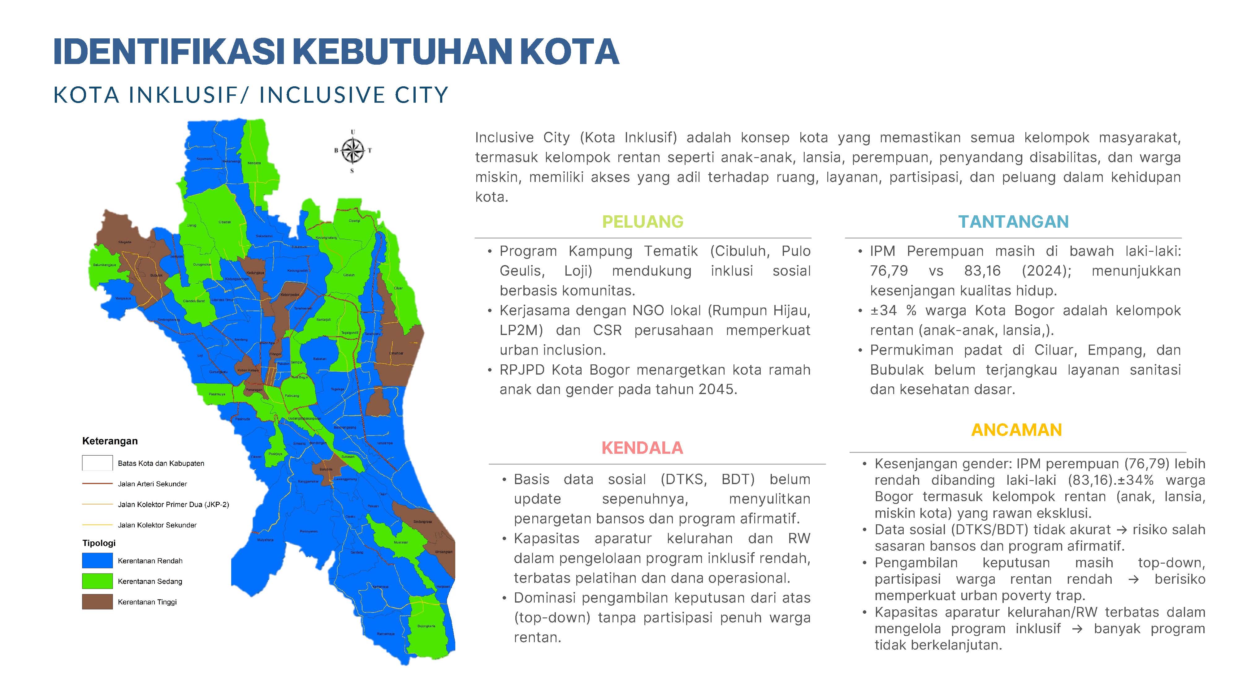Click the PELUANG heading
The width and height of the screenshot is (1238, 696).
[x=643, y=221]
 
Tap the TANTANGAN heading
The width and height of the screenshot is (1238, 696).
[x=1013, y=221]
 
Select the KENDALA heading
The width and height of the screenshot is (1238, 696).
[x=642, y=448]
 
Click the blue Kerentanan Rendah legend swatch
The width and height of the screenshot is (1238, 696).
[x=97, y=561]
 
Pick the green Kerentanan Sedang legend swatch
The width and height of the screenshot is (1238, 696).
[x=97, y=581]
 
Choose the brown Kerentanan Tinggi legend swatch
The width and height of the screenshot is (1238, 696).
[x=97, y=602]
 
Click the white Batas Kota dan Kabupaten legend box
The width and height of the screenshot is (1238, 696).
[x=97, y=463]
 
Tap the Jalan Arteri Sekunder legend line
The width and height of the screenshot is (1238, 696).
[x=97, y=484]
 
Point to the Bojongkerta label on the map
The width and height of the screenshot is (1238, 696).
[x=426, y=626]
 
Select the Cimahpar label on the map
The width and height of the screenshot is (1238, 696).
[x=396, y=353]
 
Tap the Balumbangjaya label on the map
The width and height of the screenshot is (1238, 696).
[x=104, y=265]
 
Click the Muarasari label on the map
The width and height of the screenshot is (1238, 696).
[x=401, y=542]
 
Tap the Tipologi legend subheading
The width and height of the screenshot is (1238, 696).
[x=99, y=543]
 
